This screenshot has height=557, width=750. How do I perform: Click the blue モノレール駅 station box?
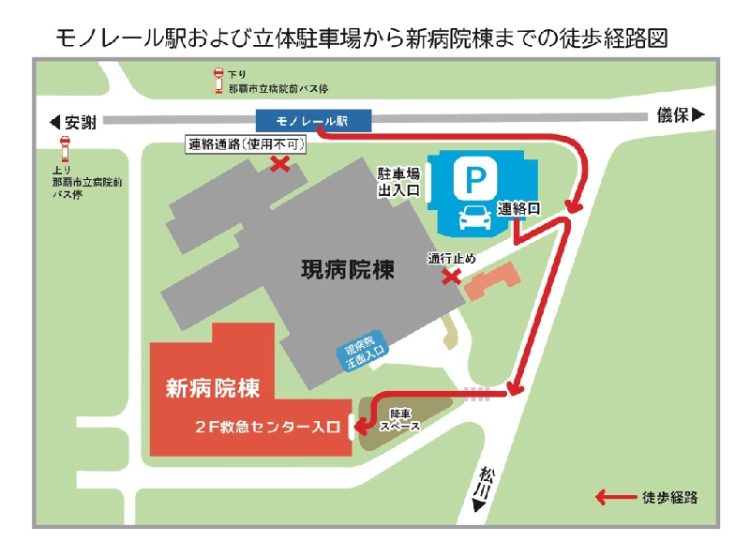tap(313, 120)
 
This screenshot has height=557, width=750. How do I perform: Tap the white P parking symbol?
tap(474, 177)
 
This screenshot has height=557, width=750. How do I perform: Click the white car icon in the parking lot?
tap(475, 218)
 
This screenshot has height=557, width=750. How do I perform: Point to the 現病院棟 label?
tap(347, 270)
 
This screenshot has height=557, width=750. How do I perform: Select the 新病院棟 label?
tap(213, 386)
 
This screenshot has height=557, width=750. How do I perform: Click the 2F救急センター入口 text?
tap(267, 428)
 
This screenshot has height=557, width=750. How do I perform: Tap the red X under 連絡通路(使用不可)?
tap(279, 164)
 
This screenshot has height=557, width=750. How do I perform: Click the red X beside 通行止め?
tap(452, 277)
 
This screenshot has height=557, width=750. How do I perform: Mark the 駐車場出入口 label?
tap(398, 183)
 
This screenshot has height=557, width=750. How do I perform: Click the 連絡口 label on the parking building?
tap(518, 208)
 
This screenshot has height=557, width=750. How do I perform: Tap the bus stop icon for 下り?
tap(217, 82)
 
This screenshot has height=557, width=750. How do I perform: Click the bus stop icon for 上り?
tap(65, 150)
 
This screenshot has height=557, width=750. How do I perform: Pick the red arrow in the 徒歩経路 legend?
tap(616, 497)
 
